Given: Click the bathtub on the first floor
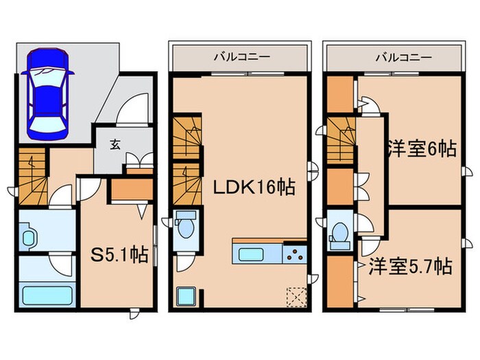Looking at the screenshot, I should (48, 296).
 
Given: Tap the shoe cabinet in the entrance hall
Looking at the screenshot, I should (139, 162).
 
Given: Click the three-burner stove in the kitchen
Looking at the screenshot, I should (295, 254).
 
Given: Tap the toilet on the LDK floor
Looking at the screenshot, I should (184, 226).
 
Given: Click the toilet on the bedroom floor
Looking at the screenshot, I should (338, 235).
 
